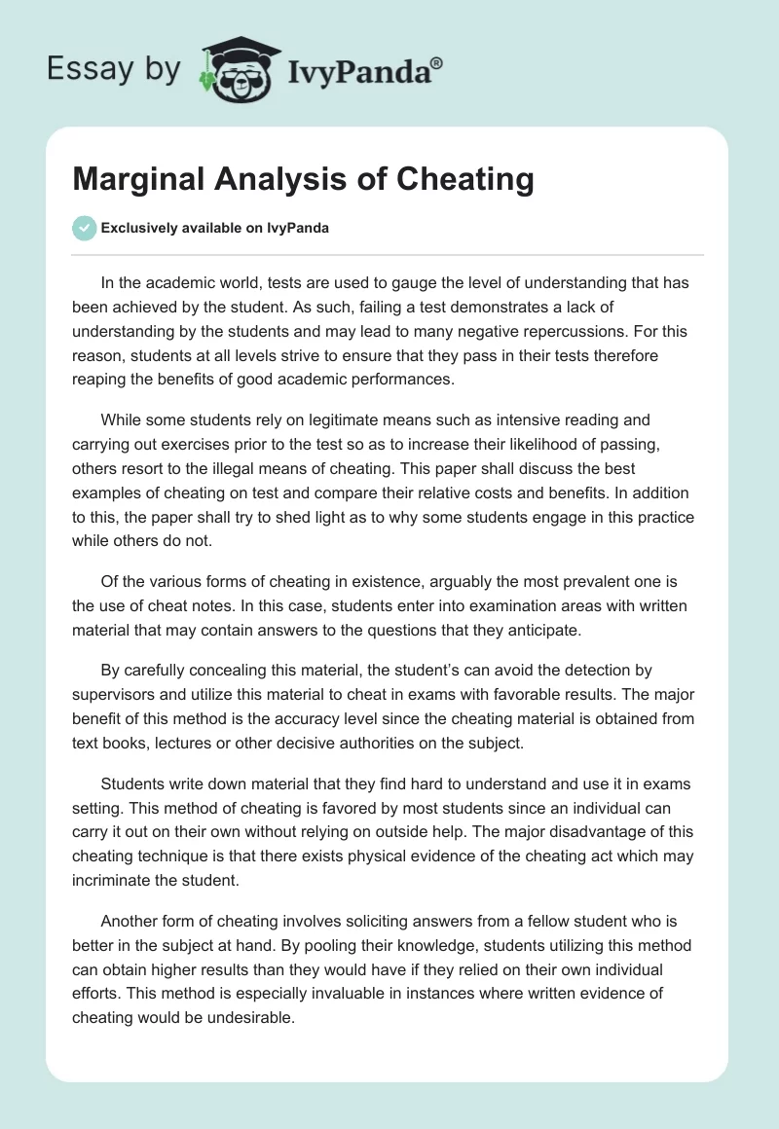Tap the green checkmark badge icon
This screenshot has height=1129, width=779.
click(x=84, y=229)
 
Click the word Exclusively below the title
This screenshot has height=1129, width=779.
click(x=139, y=229)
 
